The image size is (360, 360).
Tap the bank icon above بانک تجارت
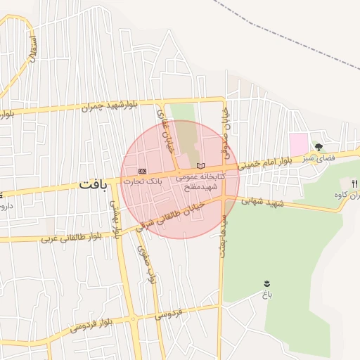click(142, 171)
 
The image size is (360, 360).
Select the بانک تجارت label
click(143, 181)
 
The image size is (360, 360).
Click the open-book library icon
click(202, 165)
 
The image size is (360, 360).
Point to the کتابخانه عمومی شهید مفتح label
click(200, 182)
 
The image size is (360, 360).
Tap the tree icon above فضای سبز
click(319, 148)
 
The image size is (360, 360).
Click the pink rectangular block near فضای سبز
click(298, 143)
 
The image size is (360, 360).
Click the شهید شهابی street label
click(262, 200)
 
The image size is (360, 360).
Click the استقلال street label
click(31, 46)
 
